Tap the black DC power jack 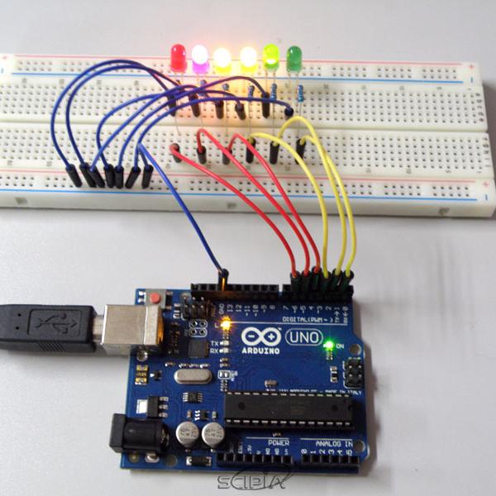pos(132,433)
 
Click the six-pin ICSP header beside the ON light pos(354,369)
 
